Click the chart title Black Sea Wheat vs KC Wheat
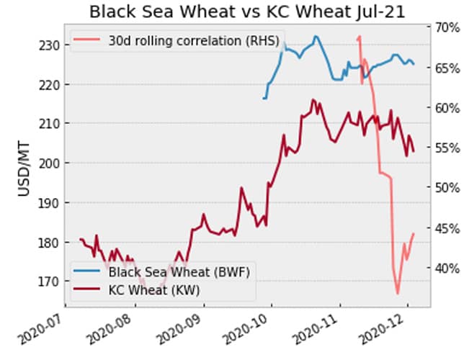(x=232, y=12)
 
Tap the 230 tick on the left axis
(x=49, y=45)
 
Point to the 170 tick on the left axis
(x=49, y=282)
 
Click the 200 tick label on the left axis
(x=49, y=163)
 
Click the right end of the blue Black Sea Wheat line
(x=414, y=64)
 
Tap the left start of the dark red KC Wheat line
(x=80, y=239)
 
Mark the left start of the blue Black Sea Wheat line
(x=264, y=98)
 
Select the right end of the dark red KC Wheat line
(x=414, y=150)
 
